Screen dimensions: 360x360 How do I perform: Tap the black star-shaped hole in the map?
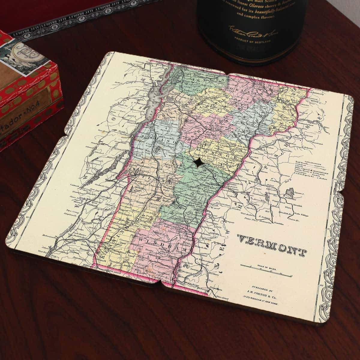coord(198,163)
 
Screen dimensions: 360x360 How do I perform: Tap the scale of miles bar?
coord(266,274)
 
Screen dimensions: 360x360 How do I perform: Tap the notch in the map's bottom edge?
coord(160,284)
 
